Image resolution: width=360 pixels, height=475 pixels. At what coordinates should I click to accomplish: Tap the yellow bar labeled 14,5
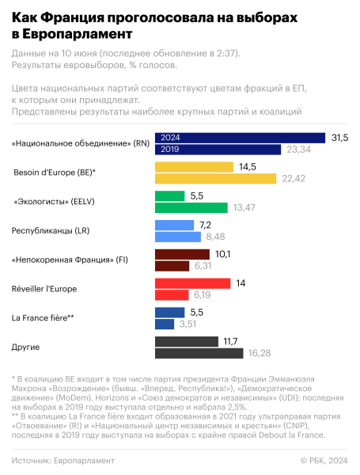pos(194,167)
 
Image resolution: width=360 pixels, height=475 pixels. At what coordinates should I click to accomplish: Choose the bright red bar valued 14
pos(192,283)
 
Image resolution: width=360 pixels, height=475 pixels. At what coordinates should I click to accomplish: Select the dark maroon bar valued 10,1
pos(182,254)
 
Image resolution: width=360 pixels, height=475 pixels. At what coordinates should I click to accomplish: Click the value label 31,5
pos(339,138)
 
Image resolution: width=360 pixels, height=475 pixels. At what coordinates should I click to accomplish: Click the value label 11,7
pos(231,341)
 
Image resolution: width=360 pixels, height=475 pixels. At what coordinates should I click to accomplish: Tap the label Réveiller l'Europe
pos(44,289)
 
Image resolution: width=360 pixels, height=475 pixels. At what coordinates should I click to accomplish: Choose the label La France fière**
pos(43,318)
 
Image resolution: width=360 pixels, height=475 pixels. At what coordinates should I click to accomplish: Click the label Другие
pos(26,347)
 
